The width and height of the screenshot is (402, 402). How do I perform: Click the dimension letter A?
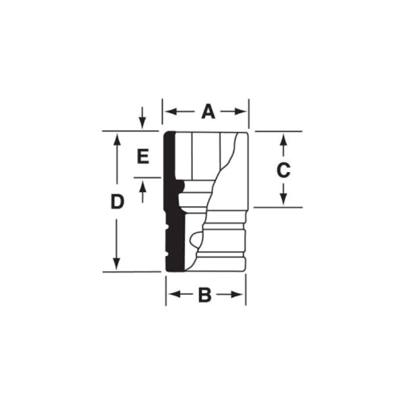(208, 112)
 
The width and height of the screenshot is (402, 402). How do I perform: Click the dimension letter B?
(205, 295)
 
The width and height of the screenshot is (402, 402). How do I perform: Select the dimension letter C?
(283, 170)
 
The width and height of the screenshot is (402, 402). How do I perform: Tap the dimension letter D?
(117, 202)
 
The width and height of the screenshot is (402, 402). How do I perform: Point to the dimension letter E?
(143, 157)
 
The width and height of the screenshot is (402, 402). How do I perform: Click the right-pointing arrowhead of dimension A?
(244, 112)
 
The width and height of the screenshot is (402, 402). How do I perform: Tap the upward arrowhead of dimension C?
(283, 137)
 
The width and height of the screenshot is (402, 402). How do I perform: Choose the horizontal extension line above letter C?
(279, 131)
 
